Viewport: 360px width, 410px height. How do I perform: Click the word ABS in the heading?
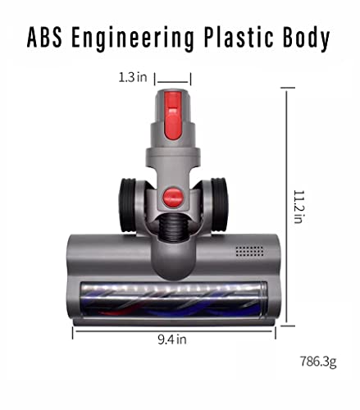[44, 38]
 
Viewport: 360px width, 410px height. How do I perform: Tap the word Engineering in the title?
[133, 39]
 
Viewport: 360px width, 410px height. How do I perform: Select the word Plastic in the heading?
[239, 38]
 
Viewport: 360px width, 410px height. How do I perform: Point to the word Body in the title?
[306, 39]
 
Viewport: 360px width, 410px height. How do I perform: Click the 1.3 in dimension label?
[133, 77]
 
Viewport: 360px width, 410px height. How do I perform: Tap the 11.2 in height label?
[298, 207]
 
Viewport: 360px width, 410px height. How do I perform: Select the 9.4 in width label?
[172, 339]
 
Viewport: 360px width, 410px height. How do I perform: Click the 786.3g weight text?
[318, 362]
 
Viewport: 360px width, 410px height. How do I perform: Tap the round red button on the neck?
[172, 197]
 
